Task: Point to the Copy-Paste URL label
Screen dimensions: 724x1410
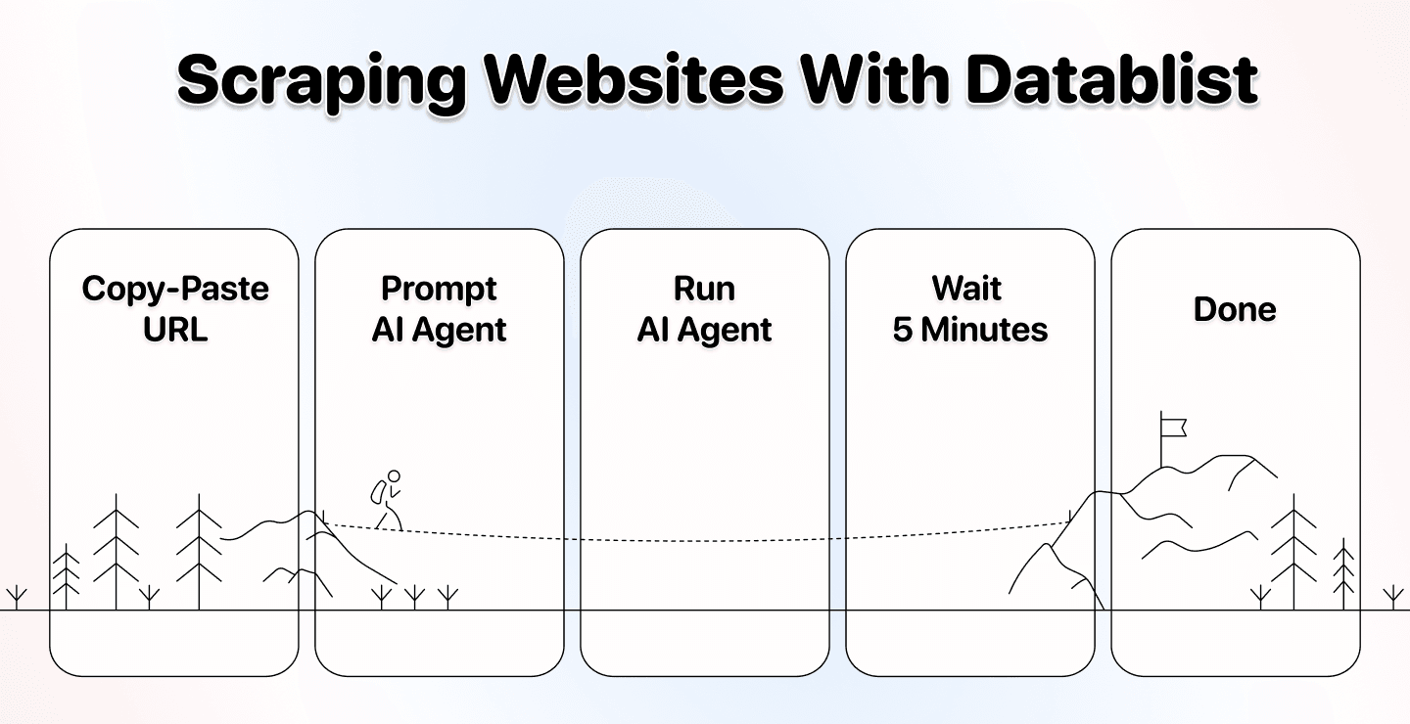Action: click(174, 308)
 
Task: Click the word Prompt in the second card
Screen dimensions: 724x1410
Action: click(439, 289)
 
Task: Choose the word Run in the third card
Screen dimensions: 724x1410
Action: click(704, 289)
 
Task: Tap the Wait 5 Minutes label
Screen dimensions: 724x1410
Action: click(969, 308)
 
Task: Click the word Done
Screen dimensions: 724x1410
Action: click(1235, 309)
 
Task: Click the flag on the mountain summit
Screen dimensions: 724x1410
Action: click(1173, 426)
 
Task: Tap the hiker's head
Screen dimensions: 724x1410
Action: click(394, 476)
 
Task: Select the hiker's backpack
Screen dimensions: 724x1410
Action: click(377, 492)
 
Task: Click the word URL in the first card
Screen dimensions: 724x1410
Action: click(174, 329)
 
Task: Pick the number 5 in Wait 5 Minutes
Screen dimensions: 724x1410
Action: click(902, 330)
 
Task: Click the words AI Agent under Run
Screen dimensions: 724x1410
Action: click(704, 330)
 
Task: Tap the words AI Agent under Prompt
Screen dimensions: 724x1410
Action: click(439, 330)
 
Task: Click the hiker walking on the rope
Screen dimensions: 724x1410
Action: click(387, 500)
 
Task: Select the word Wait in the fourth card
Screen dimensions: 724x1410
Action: click(966, 289)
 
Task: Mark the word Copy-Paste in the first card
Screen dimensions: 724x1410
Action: click(174, 289)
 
